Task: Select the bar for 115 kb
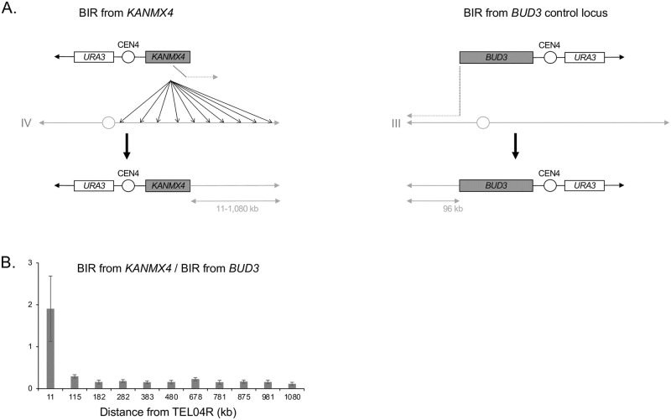click(75, 381)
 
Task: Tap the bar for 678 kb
click(195, 383)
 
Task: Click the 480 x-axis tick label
click(171, 397)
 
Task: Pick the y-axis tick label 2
click(30, 304)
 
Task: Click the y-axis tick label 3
click(30, 262)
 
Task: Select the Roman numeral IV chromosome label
click(27, 123)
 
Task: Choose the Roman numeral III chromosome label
click(396, 123)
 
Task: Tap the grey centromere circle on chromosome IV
click(107, 123)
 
